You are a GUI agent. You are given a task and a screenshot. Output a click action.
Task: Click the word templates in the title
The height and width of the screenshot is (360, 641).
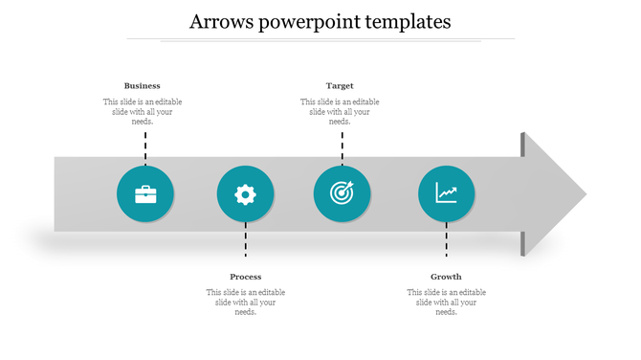click(x=402, y=21)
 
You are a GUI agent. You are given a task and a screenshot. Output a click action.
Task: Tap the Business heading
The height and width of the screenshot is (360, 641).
click(x=143, y=86)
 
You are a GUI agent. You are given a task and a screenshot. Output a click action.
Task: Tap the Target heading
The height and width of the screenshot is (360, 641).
click(x=340, y=86)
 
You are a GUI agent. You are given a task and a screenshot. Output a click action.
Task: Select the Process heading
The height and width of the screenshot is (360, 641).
click(x=246, y=277)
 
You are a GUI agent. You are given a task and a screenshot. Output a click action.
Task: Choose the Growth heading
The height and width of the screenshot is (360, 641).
click(x=446, y=277)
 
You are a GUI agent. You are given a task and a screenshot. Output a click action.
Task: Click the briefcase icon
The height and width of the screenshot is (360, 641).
click(x=145, y=194)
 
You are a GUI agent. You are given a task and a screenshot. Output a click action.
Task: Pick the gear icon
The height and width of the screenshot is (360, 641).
click(x=246, y=194)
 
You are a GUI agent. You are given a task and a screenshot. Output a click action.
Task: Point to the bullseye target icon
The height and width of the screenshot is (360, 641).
click(x=342, y=193)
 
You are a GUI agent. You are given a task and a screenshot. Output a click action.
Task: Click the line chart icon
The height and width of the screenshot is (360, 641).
click(x=446, y=193)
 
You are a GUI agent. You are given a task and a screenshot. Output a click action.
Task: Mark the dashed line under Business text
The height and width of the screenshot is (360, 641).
click(x=145, y=147)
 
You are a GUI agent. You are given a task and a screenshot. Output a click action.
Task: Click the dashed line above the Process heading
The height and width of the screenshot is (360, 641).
click(x=246, y=239)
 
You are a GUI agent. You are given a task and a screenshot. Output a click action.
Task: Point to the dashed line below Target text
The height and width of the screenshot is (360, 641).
click(x=342, y=147)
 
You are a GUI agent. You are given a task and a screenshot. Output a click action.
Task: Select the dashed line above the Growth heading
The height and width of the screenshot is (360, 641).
click(x=446, y=239)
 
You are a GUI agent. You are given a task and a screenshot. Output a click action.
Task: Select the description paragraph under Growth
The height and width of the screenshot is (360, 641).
click(x=446, y=303)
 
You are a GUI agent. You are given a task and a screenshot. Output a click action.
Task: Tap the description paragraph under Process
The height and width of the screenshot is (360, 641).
click(x=246, y=303)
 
